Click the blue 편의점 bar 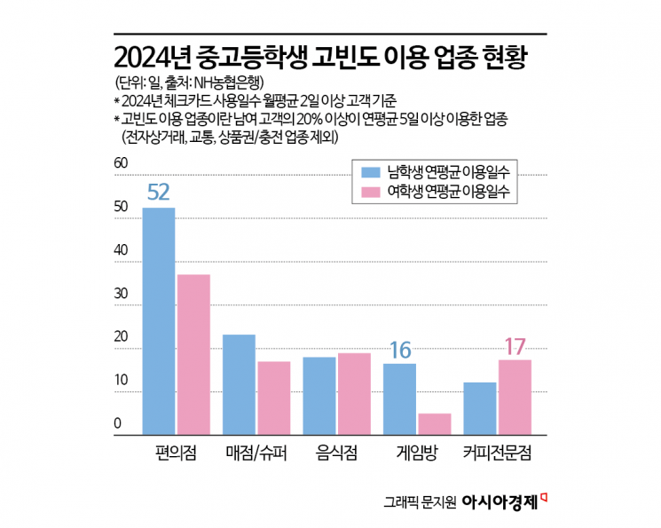(x=159, y=321)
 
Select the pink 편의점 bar (x=193, y=354)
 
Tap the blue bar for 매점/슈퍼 (x=239, y=384)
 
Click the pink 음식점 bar (x=353, y=394)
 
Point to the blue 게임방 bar (x=399, y=398)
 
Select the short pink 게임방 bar (x=434, y=423)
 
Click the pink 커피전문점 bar (x=514, y=397)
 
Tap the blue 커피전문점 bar (x=480, y=408)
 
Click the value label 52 (x=159, y=193)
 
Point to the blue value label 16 (x=399, y=349)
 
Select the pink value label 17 (x=515, y=345)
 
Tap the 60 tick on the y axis (x=122, y=164)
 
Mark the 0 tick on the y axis (x=117, y=425)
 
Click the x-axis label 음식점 (x=336, y=453)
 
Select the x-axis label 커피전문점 (x=497, y=453)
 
